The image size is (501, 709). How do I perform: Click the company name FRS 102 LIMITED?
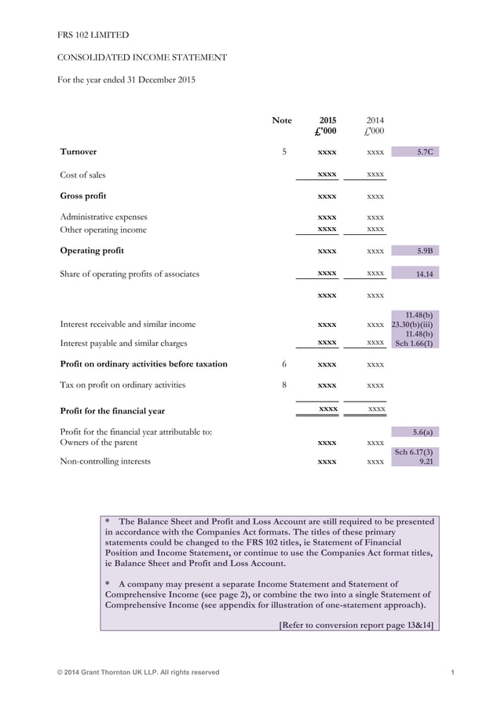coord(93,35)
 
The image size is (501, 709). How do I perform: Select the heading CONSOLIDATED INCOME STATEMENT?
coord(144,57)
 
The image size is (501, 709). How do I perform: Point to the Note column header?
coord(282,120)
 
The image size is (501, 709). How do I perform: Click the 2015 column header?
coord(327,120)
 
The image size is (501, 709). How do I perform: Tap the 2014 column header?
coord(375,120)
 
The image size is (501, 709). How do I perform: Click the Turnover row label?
coord(79,151)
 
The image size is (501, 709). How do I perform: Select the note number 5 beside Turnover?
coord(284,151)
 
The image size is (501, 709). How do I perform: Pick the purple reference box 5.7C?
coord(415,151)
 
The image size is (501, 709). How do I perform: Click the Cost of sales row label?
coord(82,174)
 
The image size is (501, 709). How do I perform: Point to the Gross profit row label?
coord(83,196)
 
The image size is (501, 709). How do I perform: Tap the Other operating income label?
coord(104,230)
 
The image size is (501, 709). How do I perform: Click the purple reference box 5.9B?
coord(415,251)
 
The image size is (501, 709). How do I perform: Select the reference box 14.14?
coord(415,274)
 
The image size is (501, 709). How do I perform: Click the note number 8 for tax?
coord(284,384)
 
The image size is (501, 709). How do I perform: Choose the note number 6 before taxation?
coord(284,364)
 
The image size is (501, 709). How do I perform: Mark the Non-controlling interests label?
coord(105,461)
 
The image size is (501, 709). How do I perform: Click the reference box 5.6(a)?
coord(415,432)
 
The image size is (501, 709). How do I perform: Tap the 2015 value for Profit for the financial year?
coord(327,410)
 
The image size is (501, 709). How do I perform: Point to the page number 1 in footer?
coord(454,672)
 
